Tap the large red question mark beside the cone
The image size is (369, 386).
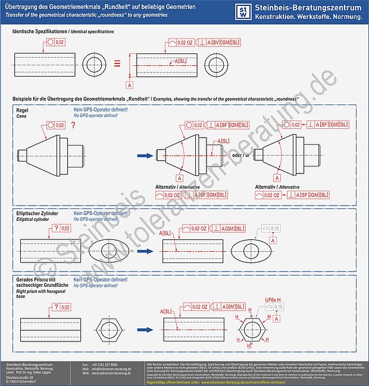tap(73, 125)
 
